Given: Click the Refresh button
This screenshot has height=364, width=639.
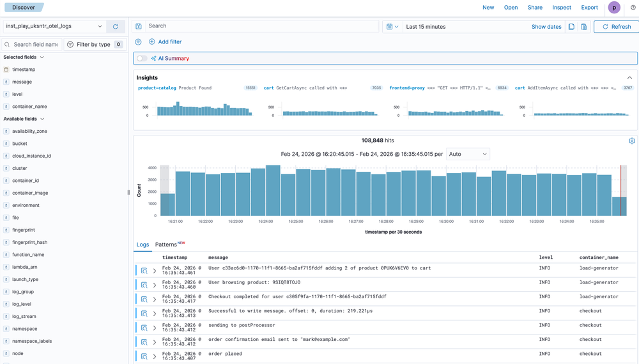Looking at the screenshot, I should pyautogui.click(x=615, y=27).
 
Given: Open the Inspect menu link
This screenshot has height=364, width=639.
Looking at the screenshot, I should pyautogui.click(x=562, y=8).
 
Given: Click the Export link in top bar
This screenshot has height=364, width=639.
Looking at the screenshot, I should pyautogui.click(x=589, y=8).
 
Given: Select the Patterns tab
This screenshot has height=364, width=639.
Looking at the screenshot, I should pyautogui.click(x=166, y=245).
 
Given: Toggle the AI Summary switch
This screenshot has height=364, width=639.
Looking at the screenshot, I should pyautogui.click(x=142, y=59).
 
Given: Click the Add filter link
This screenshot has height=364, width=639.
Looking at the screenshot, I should pyautogui.click(x=166, y=42).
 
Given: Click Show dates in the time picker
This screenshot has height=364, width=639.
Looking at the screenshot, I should pyautogui.click(x=546, y=27).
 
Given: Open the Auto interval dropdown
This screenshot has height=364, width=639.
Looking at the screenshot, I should pyautogui.click(x=468, y=154).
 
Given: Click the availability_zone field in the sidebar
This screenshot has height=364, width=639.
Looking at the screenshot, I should pyautogui.click(x=29, y=131).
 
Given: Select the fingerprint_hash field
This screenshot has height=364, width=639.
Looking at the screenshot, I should pyautogui.click(x=29, y=242).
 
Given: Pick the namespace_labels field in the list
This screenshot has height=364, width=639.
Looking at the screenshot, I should pyautogui.click(x=32, y=341).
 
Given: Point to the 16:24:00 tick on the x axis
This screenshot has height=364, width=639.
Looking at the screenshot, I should pyautogui.click(x=265, y=222).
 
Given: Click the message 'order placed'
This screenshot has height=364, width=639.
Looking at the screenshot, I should pyautogui.click(x=225, y=354).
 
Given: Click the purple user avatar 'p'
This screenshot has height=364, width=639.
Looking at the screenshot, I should pyautogui.click(x=614, y=8).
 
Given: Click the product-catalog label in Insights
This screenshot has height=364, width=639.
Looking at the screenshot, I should pyautogui.click(x=157, y=88).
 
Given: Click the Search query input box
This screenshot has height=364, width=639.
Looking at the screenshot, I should pyautogui.click(x=261, y=26).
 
